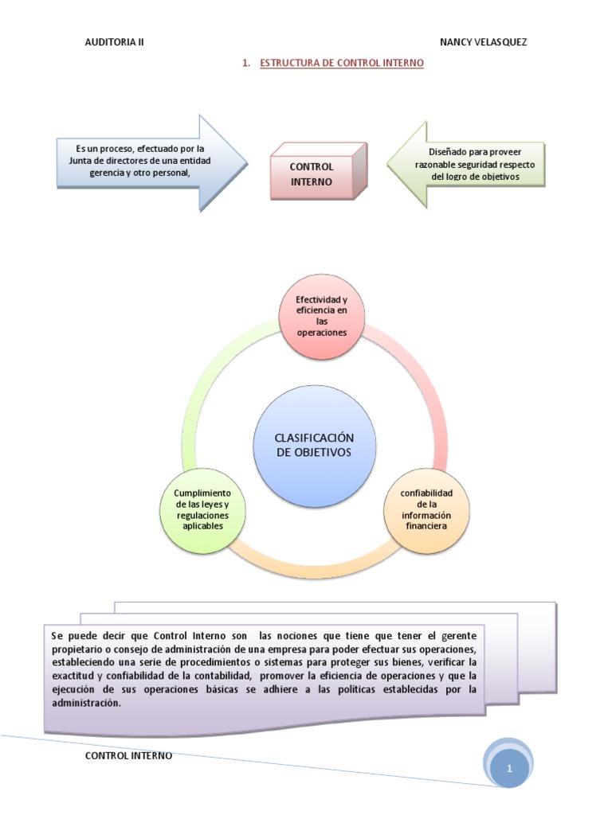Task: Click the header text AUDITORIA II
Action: click(114, 42)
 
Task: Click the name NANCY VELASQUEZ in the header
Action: click(483, 42)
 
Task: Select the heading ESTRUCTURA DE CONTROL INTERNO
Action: click(342, 63)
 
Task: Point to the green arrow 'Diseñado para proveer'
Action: click(470, 164)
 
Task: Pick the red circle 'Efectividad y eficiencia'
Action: click(321, 316)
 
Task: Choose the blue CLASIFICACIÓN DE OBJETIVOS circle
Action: click(313, 446)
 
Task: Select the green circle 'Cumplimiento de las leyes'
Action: click(202, 510)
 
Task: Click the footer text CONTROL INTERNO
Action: click(128, 755)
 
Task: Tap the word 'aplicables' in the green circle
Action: click(202, 526)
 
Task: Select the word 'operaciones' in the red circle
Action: click(322, 333)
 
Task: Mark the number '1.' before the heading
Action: click(246, 63)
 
